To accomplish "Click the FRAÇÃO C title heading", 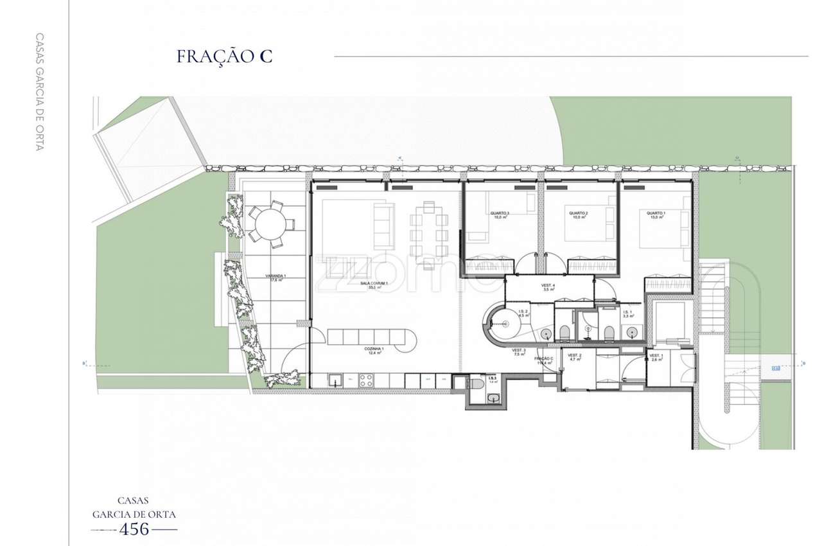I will (224, 56).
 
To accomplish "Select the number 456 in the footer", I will (135, 529).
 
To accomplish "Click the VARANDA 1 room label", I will (275, 277).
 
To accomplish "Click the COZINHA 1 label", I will (374, 350).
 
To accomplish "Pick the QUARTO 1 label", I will (656, 215).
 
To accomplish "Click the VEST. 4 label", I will (548, 287).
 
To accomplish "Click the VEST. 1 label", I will (656, 358).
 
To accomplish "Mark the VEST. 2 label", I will (575, 358).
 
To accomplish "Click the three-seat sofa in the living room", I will (383, 225).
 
